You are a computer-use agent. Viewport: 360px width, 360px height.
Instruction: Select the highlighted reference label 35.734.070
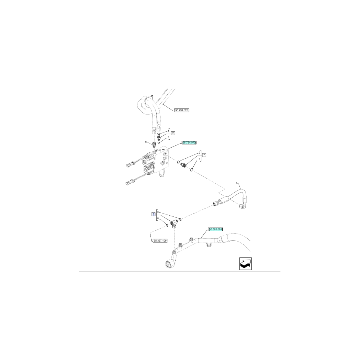[x=189, y=143]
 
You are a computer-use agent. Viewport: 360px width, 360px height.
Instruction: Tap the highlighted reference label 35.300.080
[x=216, y=229]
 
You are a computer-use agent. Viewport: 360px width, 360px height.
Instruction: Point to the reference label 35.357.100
[x=160, y=240]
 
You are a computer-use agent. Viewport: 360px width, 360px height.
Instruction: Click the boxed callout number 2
[x=173, y=133]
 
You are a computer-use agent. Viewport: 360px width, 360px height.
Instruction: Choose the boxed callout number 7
[x=204, y=155]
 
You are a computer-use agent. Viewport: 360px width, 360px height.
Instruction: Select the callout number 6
[x=146, y=142]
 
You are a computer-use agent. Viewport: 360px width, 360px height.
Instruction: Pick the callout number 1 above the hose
[x=237, y=184]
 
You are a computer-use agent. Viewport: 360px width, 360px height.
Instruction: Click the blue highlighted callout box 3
[x=153, y=215]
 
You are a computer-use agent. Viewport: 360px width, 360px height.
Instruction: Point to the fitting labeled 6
[x=155, y=145]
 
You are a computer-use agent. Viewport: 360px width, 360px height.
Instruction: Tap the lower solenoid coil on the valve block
[x=149, y=171]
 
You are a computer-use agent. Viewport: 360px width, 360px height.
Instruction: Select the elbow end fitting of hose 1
[x=242, y=206]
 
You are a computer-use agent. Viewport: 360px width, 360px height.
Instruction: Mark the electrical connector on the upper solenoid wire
[x=129, y=165]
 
